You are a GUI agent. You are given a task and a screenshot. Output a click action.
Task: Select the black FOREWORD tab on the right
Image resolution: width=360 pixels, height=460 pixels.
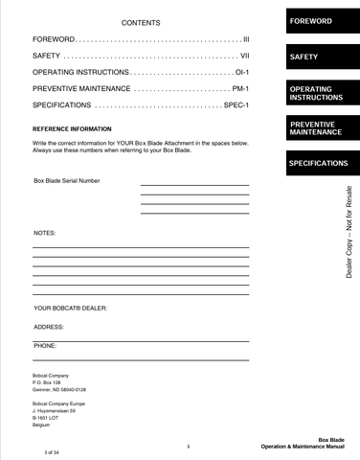pyautogui.click(x=319, y=20)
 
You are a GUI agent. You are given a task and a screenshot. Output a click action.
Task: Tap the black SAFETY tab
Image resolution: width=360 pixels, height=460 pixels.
pyautogui.click(x=319, y=57)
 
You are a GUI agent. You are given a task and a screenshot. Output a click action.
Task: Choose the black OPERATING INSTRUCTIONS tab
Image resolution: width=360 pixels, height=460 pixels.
pyautogui.click(x=319, y=94)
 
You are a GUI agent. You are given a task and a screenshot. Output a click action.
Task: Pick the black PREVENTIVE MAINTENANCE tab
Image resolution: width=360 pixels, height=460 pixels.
pyautogui.click(x=319, y=128)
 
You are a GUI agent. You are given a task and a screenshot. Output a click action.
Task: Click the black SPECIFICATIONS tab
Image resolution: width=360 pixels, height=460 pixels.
pyautogui.click(x=319, y=164)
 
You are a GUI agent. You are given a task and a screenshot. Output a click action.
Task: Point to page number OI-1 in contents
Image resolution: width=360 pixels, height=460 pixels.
pyautogui.click(x=240, y=73)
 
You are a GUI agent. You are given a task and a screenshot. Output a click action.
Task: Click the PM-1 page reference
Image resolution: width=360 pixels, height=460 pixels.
pyautogui.click(x=240, y=88)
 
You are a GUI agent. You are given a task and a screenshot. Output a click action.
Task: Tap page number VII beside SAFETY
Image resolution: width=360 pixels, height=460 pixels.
pyautogui.click(x=243, y=57)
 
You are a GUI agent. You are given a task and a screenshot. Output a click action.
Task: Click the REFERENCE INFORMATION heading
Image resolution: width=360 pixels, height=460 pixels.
pyautogui.click(x=73, y=128)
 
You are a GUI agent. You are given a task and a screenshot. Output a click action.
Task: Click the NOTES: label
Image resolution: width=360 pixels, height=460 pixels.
pyautogui.click(x=45, y=233)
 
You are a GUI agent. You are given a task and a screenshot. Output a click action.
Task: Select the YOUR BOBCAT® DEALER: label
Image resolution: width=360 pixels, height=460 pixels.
pyautogui.click(x=70, y=309)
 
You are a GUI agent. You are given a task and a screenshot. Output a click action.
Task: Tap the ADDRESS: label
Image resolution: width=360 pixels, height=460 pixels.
pyautogui.click(x=49, y=326)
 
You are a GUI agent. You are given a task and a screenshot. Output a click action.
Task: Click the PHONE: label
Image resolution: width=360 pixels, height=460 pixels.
pyautogui.click(x=45, y=343)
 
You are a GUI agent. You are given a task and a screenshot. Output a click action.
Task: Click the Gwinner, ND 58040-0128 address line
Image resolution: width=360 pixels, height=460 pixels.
pyautogui.click(x=59, y=390)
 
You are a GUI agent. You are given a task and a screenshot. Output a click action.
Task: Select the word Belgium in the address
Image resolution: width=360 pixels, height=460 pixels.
pyautogui.click(x=40, y=425)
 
